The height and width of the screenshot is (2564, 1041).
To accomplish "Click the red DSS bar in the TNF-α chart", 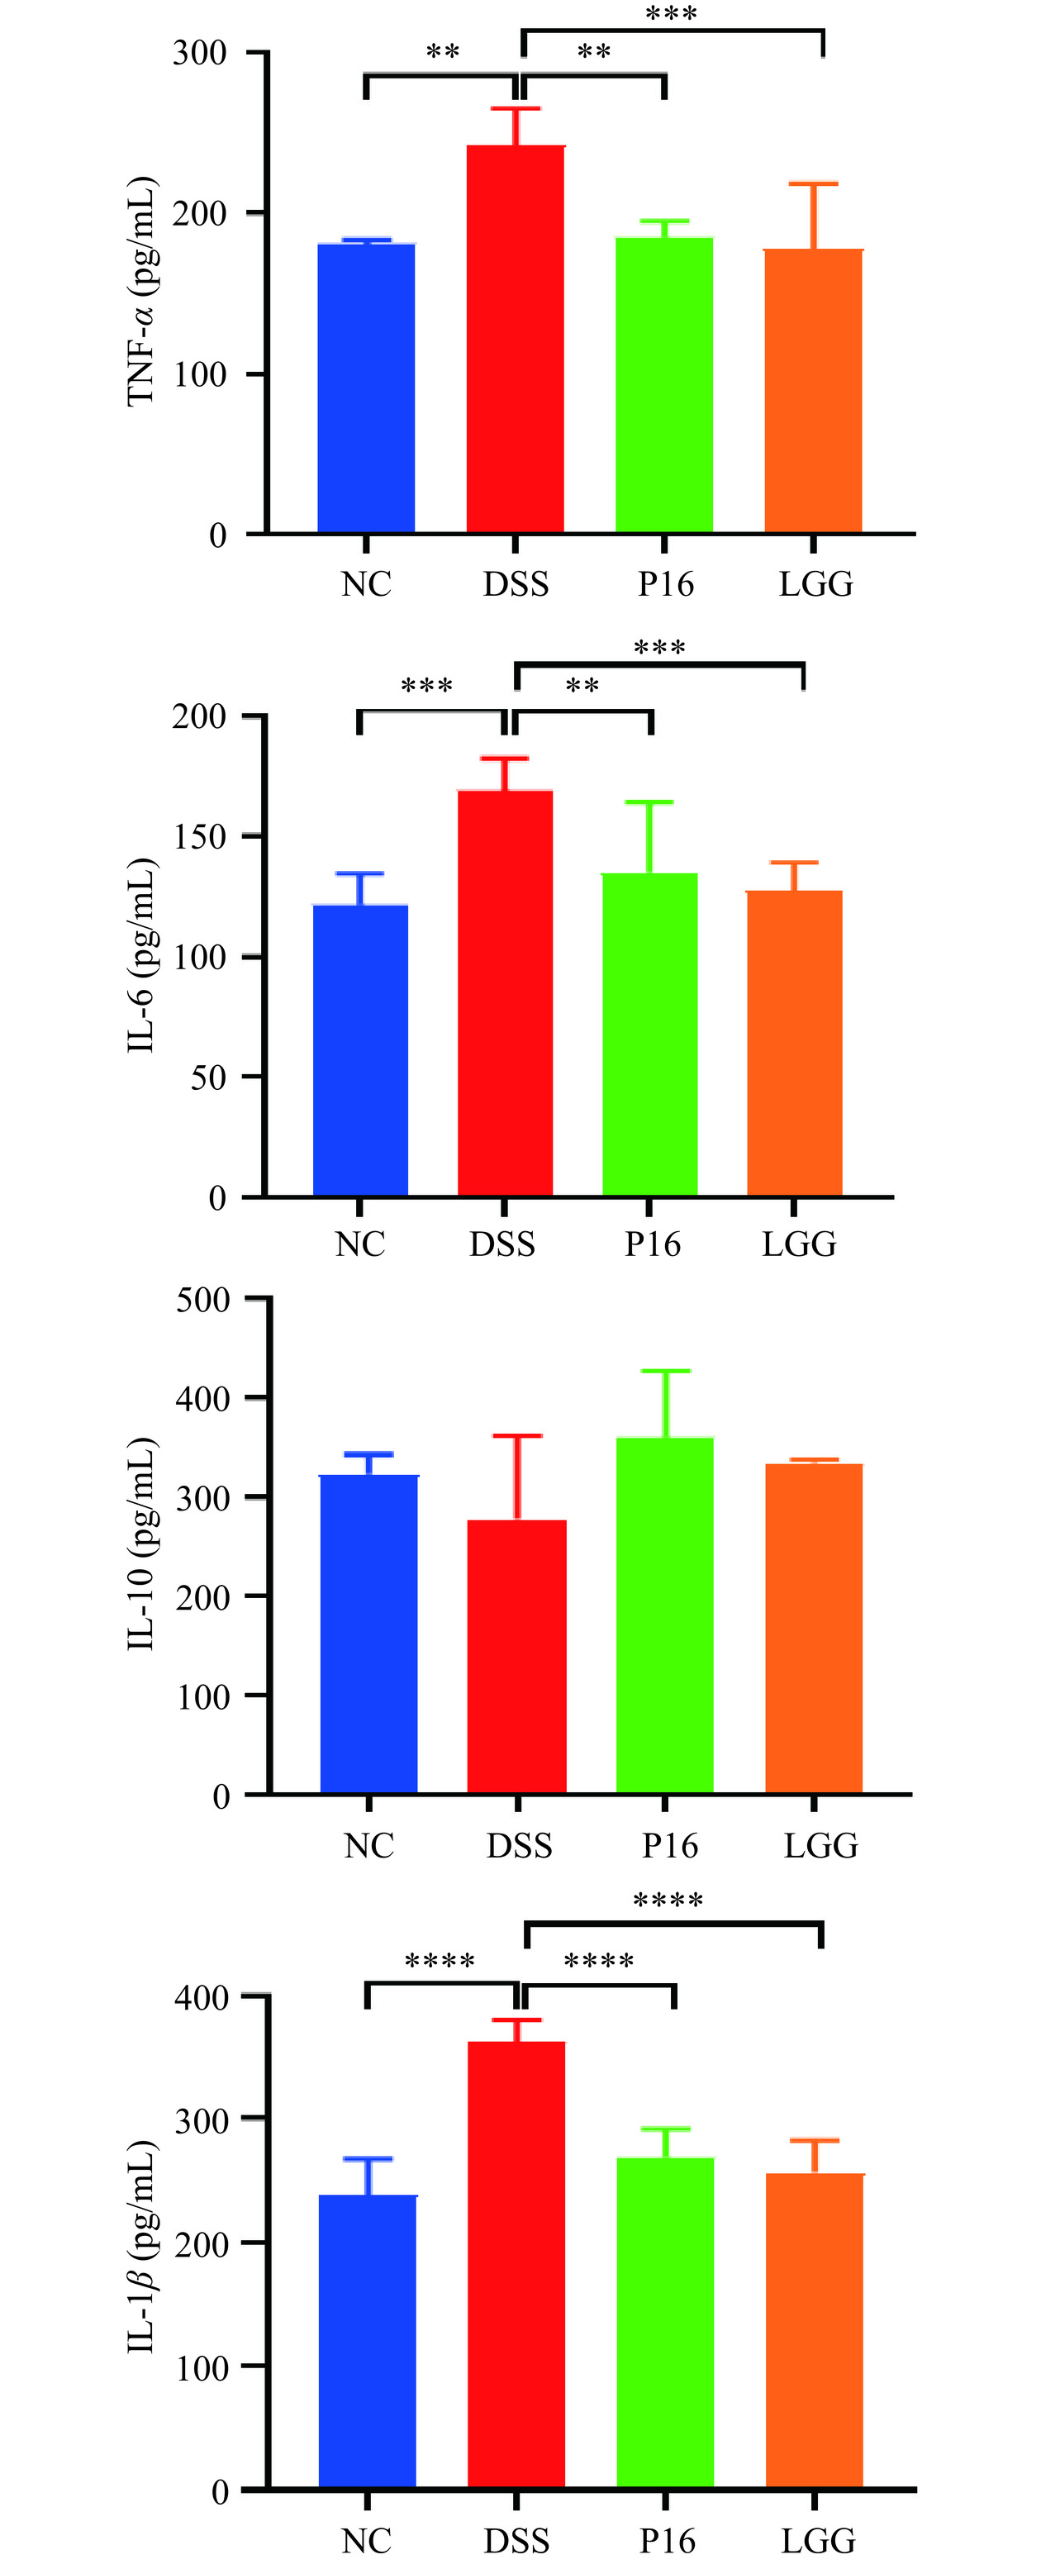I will [x=516, y=339].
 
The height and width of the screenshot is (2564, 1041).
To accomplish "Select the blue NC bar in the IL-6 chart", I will [x=360, y=1050].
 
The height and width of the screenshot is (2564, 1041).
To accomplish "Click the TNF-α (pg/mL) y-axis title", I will [x=142, y=291].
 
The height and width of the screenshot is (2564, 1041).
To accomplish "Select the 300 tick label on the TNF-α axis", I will [x=199, y=53].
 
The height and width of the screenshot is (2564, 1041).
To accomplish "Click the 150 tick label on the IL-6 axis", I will [x=199, y=837].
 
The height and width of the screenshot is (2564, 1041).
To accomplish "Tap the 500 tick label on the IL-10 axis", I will [x=202, y=1300].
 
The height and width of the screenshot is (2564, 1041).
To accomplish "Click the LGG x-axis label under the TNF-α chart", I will [x=816, y=584].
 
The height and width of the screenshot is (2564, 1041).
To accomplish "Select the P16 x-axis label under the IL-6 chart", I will [x=653, y=1244].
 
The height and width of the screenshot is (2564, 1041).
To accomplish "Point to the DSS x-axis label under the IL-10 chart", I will [x=519, y=1845].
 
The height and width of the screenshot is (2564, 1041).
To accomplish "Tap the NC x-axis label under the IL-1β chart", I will [x=366, y=2541].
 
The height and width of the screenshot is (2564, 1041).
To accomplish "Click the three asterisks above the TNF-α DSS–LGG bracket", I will [x=672, y=15].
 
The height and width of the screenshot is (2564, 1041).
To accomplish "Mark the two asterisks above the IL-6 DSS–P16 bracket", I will [x=582, y=687].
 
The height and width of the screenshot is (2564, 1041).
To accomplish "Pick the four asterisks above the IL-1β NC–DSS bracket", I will [x=440, y=1962].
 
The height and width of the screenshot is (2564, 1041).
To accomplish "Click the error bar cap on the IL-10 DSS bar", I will [x=517, y=1436].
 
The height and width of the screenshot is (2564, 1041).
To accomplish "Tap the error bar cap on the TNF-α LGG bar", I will [x=814, y=184].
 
